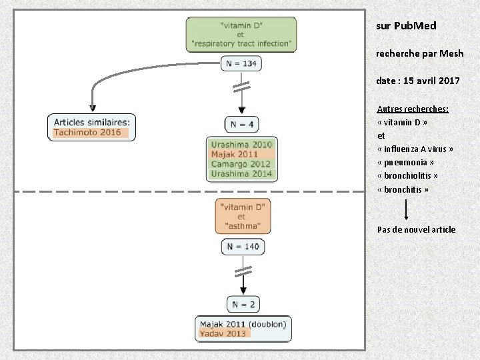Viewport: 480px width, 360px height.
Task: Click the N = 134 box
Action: click(241, 63)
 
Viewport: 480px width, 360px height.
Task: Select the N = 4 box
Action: click(241, 124)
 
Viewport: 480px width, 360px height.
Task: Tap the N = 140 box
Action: click(243, 247)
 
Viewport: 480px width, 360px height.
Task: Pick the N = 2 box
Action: click(242, 305)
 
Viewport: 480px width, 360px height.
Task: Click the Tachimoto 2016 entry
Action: click(87, 133)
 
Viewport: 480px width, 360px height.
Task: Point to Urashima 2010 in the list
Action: click(241, 145)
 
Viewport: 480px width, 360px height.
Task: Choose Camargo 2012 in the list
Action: click(241, 165)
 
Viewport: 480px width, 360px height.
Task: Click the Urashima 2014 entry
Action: click(241, 175)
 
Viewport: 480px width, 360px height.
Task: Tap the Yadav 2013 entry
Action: click(223, 334)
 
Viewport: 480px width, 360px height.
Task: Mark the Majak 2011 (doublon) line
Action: click(243, 324)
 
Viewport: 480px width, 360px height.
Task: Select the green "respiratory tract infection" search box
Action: click(241, 34)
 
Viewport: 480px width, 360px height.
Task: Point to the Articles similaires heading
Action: click(91, 122)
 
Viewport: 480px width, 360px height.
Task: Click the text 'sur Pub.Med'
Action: click(406, 26)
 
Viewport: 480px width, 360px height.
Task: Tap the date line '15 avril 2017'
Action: click(418, 81)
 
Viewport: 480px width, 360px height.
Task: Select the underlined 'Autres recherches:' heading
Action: click(413, 109)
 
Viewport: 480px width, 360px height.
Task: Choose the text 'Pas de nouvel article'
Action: click(416, 230)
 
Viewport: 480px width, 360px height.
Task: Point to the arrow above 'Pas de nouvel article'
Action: click(407, 210)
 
